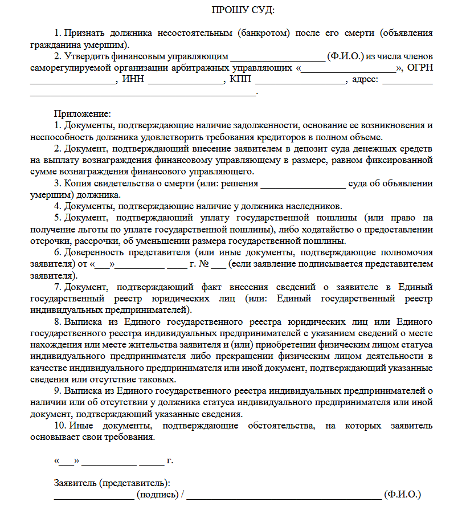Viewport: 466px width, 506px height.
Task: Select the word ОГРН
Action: coord(420,68)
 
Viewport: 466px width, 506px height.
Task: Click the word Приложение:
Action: coord(82,113)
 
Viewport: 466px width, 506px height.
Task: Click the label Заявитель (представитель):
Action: coord(112,483)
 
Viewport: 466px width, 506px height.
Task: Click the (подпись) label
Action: coord(157,494)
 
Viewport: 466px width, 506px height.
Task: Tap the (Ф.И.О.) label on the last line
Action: coord(402,494)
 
